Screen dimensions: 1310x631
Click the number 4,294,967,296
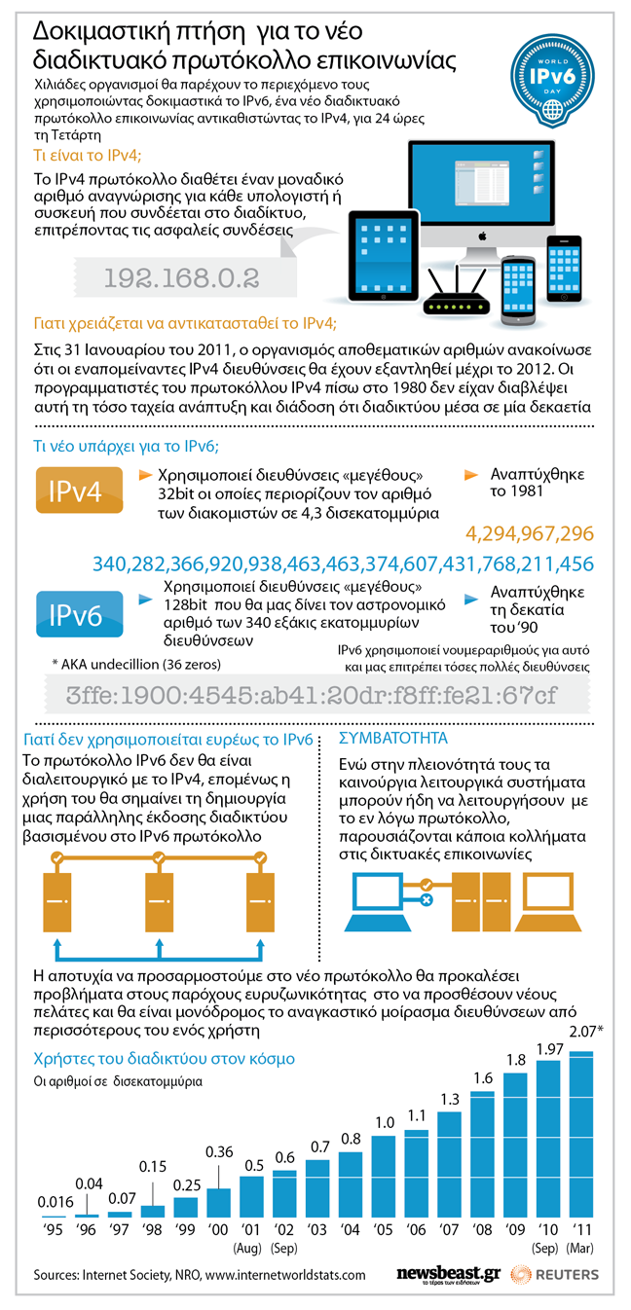coord(530,533)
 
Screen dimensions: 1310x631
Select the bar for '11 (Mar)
coord(580,1144)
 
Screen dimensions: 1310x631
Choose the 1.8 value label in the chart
coord(516,1059)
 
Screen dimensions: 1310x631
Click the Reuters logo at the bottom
coord(555,1275)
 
